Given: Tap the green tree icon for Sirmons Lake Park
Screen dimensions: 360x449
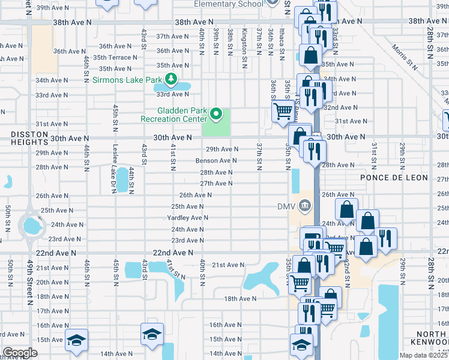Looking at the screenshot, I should pos(171,79).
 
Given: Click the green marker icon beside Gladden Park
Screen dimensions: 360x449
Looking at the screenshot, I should pos(218,113).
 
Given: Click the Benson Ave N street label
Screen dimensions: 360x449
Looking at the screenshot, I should pos(216,161).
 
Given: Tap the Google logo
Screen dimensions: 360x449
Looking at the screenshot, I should pos(19,353).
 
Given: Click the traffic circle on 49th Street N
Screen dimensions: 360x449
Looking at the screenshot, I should pos(29,226).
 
